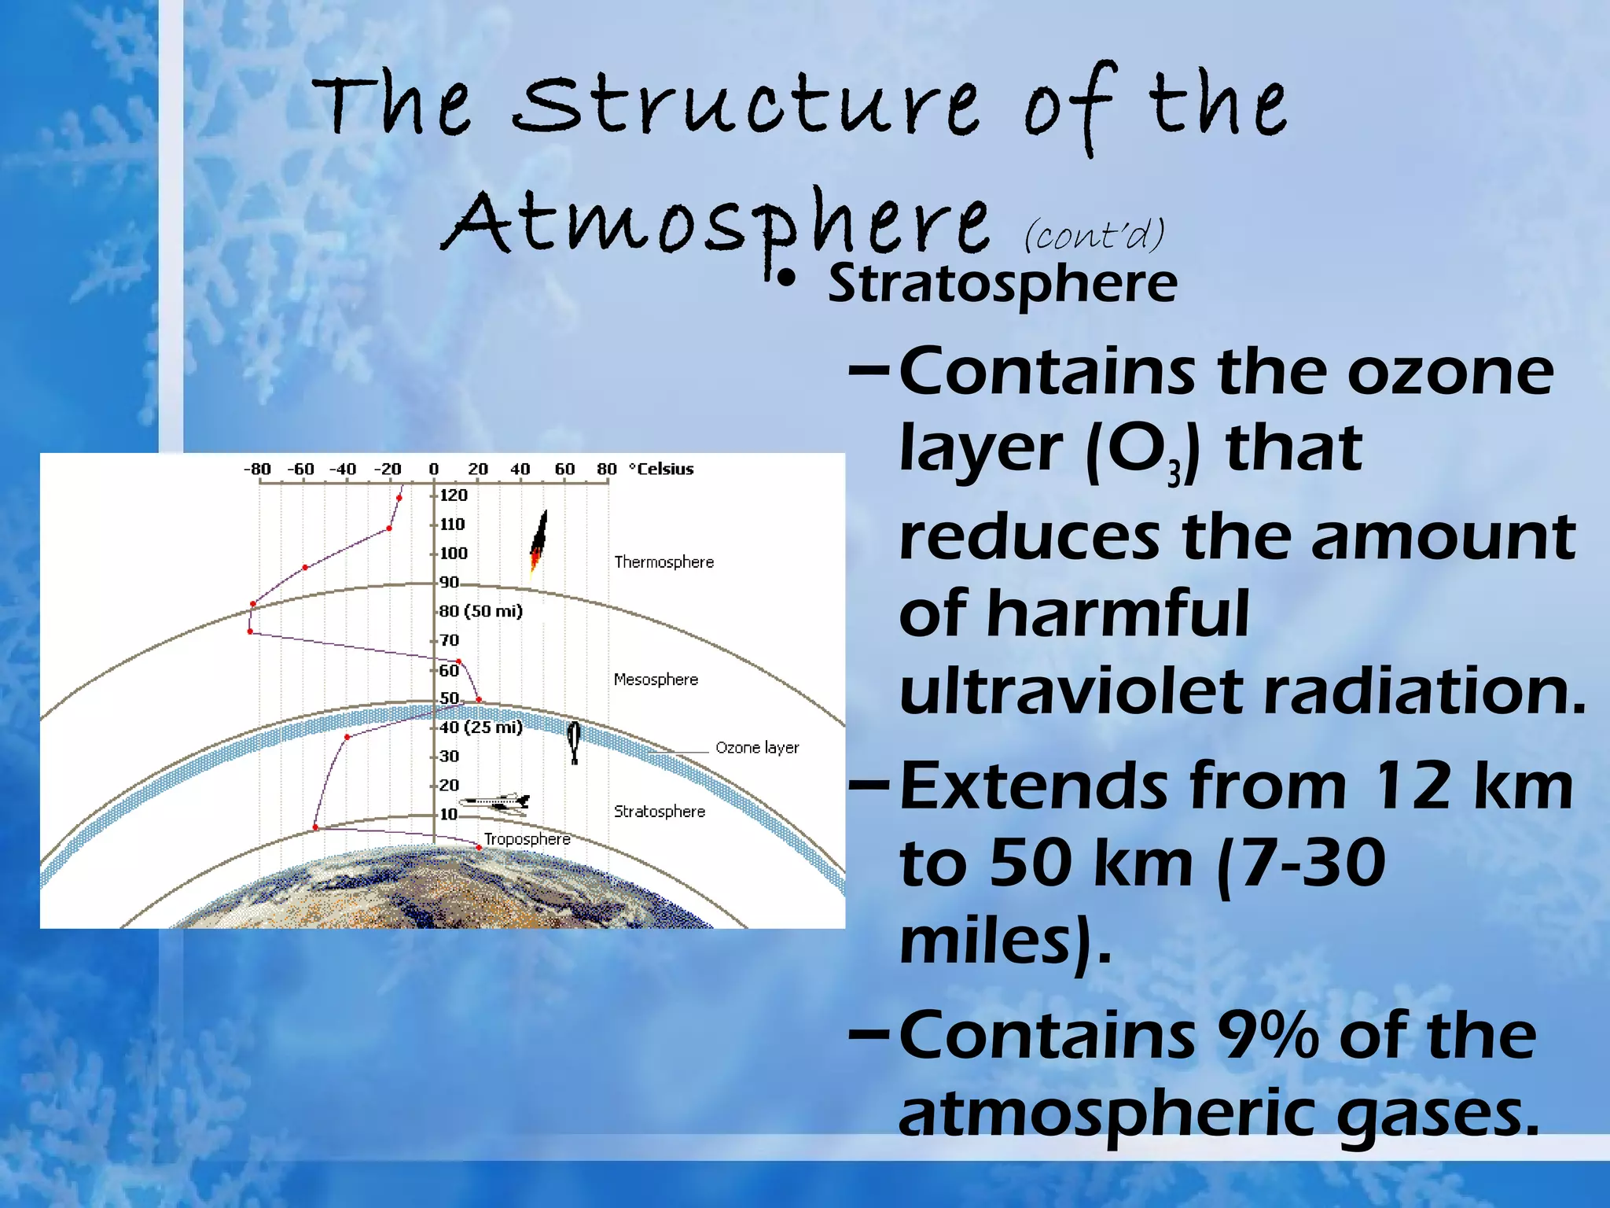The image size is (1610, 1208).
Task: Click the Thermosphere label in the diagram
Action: (x=663, y=562)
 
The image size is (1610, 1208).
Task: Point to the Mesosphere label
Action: (x=656, y=679)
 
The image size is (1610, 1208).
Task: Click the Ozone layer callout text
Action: (x=756, y=747)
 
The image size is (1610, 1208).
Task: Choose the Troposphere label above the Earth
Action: (x=527, y=839)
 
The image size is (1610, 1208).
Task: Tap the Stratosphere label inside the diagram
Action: (x=659, y=812)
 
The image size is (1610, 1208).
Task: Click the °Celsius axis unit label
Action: (x=661, y=469)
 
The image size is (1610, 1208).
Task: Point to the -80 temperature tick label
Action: (x=257, y=470)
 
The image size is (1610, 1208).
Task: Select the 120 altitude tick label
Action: (x=453, y=495)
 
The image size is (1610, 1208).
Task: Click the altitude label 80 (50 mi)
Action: (x=480, y=611)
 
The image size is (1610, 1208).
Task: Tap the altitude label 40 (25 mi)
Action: (x=480, y=727)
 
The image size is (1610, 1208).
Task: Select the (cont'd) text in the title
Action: (x=1094, y=234)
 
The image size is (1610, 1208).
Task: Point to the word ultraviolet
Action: (x=1069, y=691)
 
